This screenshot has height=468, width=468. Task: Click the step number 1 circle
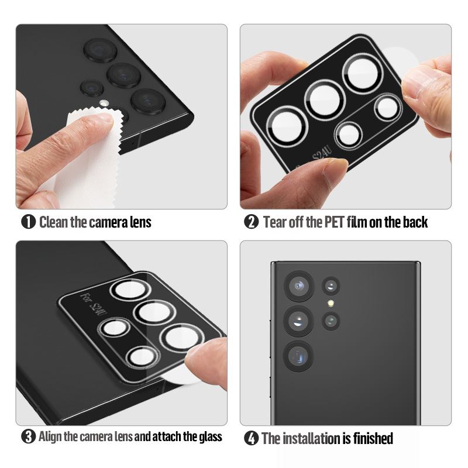[28, 222]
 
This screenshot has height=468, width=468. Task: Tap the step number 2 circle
[252, 222]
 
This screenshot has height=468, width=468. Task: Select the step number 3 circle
[28, 436]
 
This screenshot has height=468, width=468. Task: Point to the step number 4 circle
[252, 438]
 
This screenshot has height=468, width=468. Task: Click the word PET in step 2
[334, 222]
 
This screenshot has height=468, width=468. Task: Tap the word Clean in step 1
[54, 222]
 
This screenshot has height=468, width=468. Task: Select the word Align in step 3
[50, 436]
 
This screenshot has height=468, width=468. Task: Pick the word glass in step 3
[211, 436]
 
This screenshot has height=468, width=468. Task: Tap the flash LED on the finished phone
[331, 304]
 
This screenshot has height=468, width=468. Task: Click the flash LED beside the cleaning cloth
[104, 104]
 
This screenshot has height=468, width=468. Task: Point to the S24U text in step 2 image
[322, 154]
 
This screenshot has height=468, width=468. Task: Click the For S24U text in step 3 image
[94, 305]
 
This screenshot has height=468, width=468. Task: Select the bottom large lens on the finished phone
[298, 357]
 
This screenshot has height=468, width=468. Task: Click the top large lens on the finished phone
[298, 286]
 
